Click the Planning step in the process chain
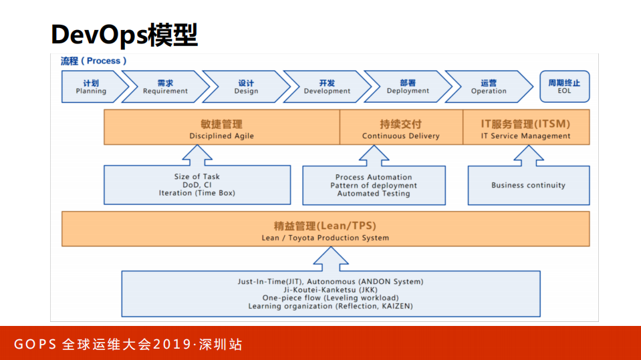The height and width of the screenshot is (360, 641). click(x=92, y=87)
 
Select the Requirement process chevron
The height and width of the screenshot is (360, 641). click(x=165, y=87)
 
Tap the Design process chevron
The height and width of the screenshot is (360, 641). click(x=246, y=87)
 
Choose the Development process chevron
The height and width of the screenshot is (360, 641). click(x=327, y=87)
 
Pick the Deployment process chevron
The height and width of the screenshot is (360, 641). click(x=408, y=87)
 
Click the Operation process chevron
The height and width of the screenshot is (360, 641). click(x=489, y=87)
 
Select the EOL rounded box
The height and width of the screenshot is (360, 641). click(x=564, y=87)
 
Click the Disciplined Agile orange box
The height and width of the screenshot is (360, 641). click(x=221, y=128)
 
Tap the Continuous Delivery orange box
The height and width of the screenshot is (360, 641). click(x=401, y=128)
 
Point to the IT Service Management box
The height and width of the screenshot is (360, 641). click(x=526, y=128)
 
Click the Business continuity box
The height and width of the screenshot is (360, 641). click(x=528, y=186)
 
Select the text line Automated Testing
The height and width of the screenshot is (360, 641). click(x=374, y=194)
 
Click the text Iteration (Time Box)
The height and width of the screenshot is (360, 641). click(x=197, y=193)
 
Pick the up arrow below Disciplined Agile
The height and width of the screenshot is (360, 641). click(x=197, y=156)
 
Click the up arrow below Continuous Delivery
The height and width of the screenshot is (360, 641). click(x=374, y=156)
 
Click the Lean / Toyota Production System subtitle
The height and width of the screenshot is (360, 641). click(x=325, y=238)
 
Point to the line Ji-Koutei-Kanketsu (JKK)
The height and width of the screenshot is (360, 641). click(x=330, y=290)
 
